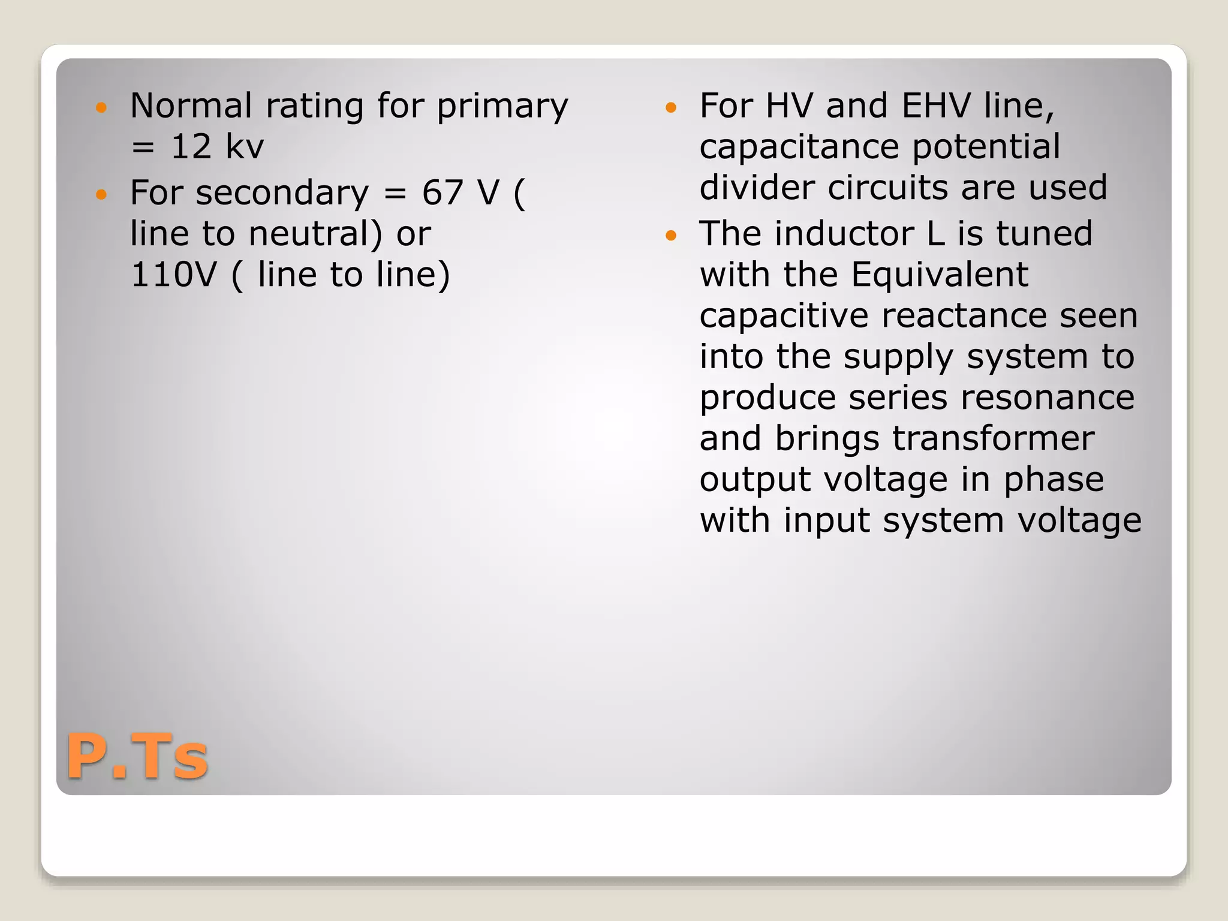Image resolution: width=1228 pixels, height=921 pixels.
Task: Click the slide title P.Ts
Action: click(137, 757)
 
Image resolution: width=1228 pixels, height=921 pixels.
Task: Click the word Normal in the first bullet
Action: click(191, 106)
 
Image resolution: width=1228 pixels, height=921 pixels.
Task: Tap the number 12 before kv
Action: click(191, 147)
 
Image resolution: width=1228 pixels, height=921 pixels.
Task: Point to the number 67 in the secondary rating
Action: click(443, 193)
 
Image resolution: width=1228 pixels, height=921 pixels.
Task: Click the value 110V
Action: click(174, 275)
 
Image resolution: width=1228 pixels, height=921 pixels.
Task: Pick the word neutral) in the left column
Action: click(315, 234)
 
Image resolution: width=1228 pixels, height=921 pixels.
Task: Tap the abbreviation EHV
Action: click(936, 106)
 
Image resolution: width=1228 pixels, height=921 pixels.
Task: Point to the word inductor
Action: click(844, 234)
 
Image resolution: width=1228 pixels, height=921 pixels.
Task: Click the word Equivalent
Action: click(940, 275)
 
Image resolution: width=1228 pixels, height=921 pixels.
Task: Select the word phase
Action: click(1054, 480)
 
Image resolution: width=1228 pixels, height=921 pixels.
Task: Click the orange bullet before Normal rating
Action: click(101, 108)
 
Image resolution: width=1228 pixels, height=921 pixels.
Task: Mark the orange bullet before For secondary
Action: click(101, 194)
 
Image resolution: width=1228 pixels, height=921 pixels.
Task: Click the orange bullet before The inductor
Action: click(671, 235)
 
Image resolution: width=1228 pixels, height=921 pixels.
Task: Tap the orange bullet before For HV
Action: click(671, 108)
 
